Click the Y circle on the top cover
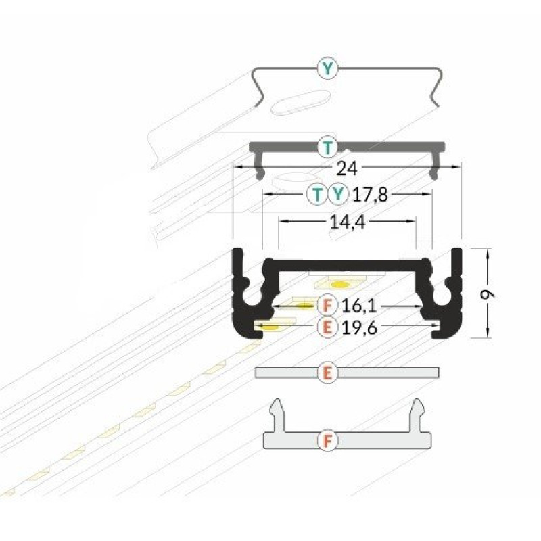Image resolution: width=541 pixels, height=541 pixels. coord(328,69)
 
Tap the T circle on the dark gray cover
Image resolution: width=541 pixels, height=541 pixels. coord(328,147)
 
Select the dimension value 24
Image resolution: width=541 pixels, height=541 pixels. coord(347,169)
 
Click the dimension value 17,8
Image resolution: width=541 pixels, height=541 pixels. coord(370,195)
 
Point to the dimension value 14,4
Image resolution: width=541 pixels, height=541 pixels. coord(348,222)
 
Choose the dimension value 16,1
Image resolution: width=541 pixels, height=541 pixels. coord(359,306)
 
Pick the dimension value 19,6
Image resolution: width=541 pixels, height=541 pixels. coord(360,328)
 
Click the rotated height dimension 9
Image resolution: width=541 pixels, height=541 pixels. coord(488,294)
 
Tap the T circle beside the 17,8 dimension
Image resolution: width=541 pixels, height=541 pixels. coord(317,194)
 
